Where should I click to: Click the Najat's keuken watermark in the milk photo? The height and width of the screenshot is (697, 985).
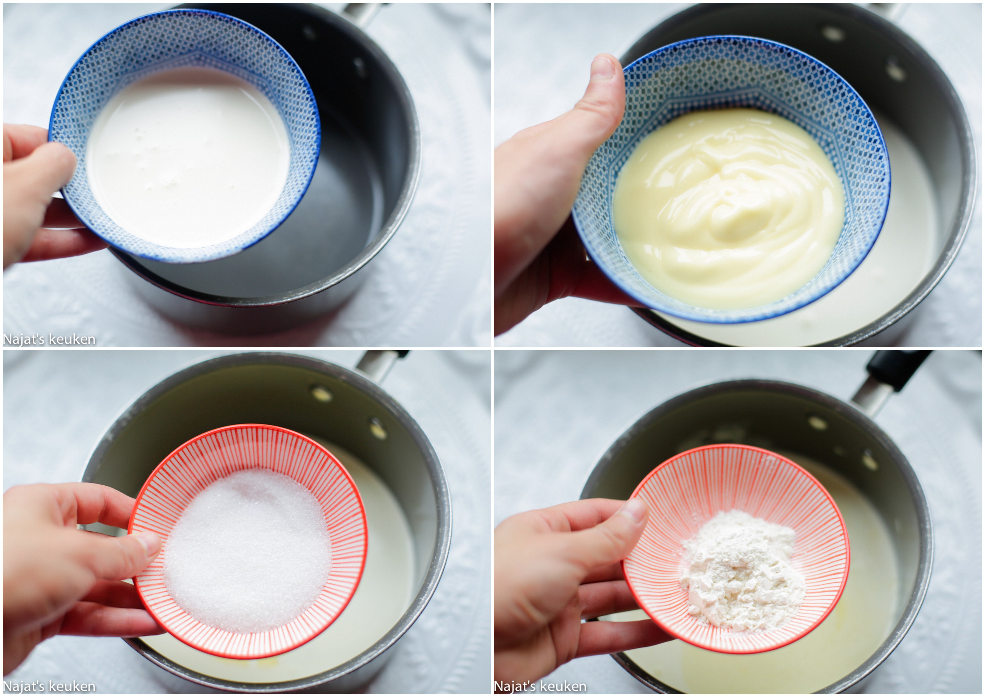[x=49, y=339]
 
